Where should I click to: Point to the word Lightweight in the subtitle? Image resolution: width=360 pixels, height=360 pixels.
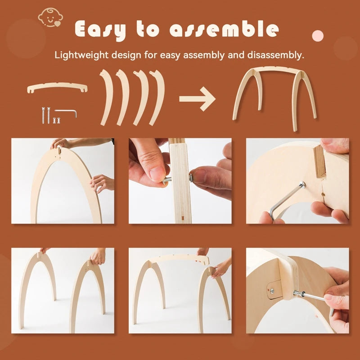click(x=81, y=55)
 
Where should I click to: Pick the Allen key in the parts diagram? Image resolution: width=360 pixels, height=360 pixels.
click(x=66, y=112)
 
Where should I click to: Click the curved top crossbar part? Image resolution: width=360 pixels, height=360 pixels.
click(x=57, y=86)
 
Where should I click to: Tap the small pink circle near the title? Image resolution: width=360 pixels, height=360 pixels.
click(x=318, y=36)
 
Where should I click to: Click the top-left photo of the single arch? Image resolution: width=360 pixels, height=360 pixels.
click(x=63, y=181)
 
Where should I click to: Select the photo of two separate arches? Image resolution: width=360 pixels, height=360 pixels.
click(x=63, y=290)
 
